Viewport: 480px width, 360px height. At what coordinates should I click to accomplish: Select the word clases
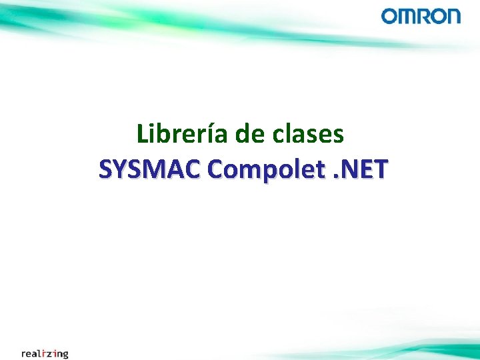[x=309, y=135]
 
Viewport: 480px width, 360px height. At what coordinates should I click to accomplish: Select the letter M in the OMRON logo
[x=407, y=16]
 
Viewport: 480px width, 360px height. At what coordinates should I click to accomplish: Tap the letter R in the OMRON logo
[x=425, y=16]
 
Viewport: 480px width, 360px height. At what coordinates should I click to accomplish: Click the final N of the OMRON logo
[x=453, y=16]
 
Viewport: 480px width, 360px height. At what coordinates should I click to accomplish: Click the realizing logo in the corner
[x=45, y=353]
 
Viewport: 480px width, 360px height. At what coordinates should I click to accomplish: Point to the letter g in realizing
[x=65, y=355]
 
